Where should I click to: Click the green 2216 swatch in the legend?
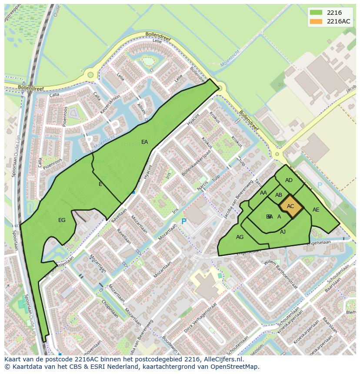(x=316, y=13)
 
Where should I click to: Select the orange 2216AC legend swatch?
(x=316, y=21)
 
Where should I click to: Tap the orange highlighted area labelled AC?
(x=290, y=206)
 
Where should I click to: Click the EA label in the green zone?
(x=145, y=142)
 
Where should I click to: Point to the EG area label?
(x=62, y=220)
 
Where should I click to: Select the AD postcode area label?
(x=289, y=180)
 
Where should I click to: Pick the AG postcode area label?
(x=240, y=237)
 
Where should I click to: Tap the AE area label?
(x=316, y=210)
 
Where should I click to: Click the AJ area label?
(x=283, y=232)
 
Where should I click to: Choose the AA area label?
(x=263, y=193)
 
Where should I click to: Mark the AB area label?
(x=279, y=195)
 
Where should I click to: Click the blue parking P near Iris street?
(x=183, y=222)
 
